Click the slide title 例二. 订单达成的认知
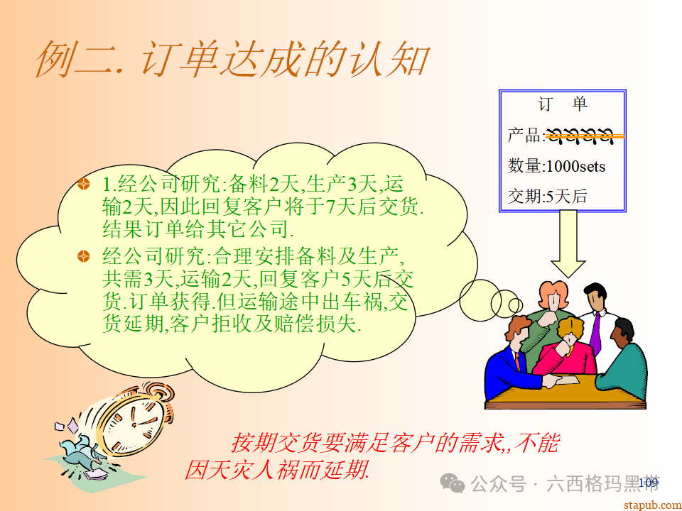tap(231, 58)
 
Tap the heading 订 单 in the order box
tap(563, 104)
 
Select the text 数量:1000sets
tap(556, 166)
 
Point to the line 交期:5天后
tap(547, 197)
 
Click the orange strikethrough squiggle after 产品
tap(583, 135)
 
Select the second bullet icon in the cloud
tap(84, 255)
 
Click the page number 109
tap(648, 483)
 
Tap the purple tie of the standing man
tap(595, 331)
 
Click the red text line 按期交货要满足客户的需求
tap(394, 444)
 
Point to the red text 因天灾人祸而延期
tap(277, 470)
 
